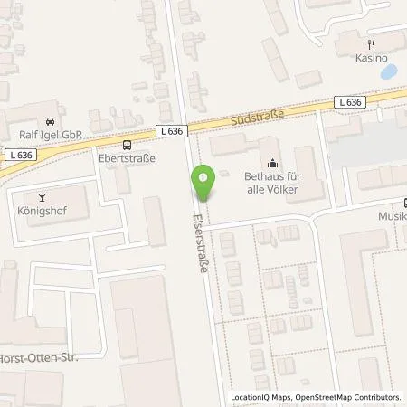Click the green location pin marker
pos(204,184)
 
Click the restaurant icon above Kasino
pos(370,43)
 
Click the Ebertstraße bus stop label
pos(127,158)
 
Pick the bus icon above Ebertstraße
pos(127,144)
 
